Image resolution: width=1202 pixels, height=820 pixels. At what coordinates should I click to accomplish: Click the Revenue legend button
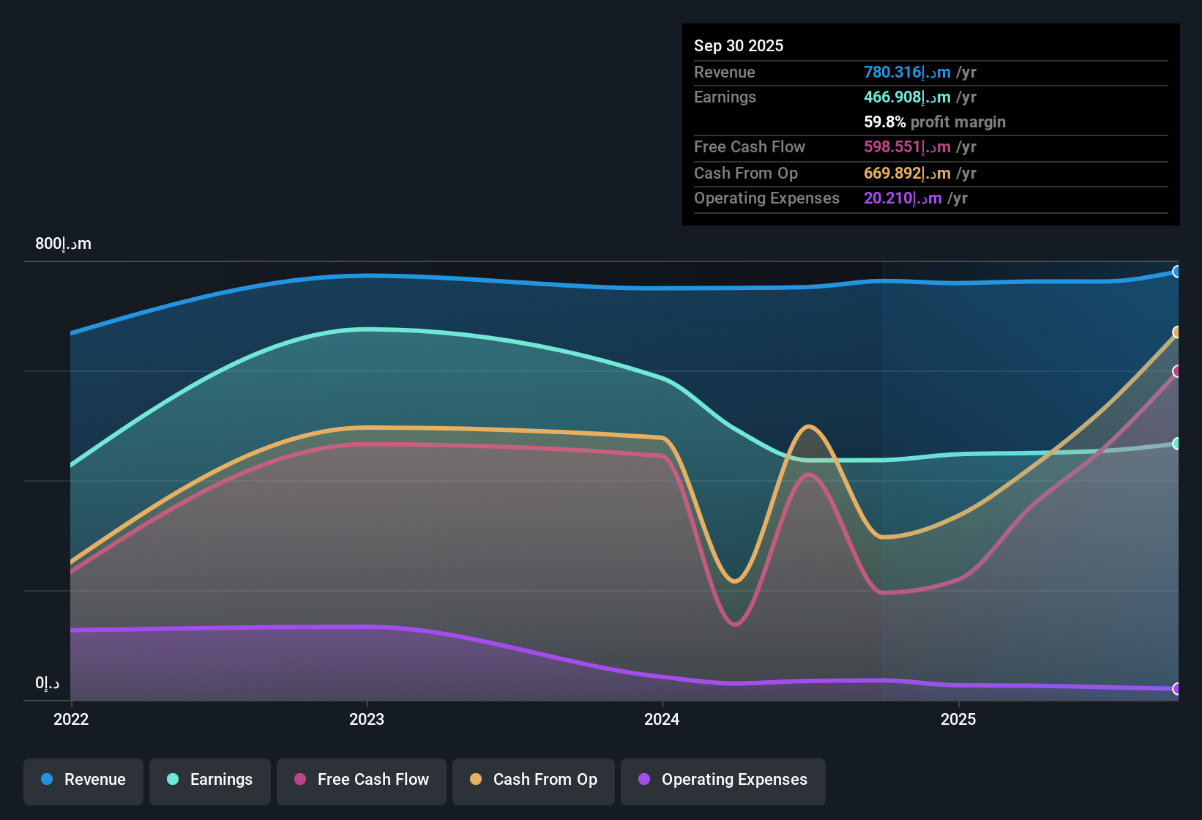[83, 780]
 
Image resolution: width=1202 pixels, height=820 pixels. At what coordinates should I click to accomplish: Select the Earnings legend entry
[209, 780]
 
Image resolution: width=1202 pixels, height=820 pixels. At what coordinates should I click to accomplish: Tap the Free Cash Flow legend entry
[362, 780]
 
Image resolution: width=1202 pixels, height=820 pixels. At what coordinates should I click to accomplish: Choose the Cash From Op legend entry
[534, 780]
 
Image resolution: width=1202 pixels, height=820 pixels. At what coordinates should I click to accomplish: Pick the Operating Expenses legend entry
[723, 780]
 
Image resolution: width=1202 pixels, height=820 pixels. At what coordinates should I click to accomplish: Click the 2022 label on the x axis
[71, 719]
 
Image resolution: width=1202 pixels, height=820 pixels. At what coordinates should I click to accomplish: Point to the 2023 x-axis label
[367, 719]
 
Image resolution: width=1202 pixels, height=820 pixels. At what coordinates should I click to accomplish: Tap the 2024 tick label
[662, 719]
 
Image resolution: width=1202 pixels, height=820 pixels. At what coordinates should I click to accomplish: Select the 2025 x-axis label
[958, 719]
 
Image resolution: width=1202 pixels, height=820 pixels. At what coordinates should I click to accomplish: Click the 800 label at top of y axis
[63, 244]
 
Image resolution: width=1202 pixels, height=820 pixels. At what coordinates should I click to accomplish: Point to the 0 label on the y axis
[47, 683]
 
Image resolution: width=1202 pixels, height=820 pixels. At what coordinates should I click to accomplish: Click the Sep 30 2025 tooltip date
[739, 45]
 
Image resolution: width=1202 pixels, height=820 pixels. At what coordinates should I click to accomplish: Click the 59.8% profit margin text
[934, 122]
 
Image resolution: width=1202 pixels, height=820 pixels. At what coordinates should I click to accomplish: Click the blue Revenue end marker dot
[1176, 272]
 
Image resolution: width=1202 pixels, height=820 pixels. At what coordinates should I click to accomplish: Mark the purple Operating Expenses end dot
[1176, 689]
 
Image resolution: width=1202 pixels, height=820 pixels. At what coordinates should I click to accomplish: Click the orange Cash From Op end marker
[1176, 332]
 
